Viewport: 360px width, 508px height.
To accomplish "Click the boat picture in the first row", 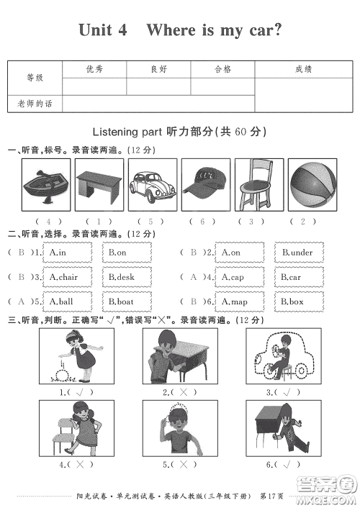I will coord(47,183).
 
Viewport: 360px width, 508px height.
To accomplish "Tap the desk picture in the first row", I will coord(99,185).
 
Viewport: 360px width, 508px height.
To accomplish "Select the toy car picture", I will coord(152,183).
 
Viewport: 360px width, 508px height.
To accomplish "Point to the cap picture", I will coord(206,183).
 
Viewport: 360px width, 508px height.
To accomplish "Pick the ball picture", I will coord(312,183).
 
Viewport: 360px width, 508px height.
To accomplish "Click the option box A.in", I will coord(68,253).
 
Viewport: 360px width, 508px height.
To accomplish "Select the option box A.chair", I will coord(68,277).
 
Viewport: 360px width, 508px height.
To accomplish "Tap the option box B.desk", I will coord(126,277).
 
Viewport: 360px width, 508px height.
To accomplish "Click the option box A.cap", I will coord(240,277).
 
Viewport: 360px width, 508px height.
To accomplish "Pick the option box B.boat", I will coord(126,301).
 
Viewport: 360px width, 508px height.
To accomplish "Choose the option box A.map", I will coord(240,301).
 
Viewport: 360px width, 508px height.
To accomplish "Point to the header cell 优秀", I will coord(94,69).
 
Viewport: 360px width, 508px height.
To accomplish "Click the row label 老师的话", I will coord(35,104).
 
